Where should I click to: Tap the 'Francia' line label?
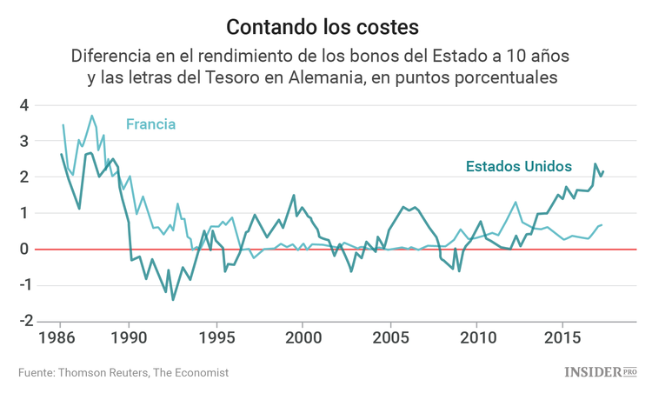click(150, 124)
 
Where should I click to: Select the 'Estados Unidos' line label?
click(518, 165)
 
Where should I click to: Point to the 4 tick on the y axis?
click(25, 105)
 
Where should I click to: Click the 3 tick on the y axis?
click(25, 141)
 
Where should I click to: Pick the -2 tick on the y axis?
click(22, 320)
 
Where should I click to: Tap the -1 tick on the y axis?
click(22, 284)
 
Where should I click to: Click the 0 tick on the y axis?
click(25, 249)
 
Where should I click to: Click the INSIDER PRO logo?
click(601, 372)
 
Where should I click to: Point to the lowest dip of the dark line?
click(172, 300)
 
